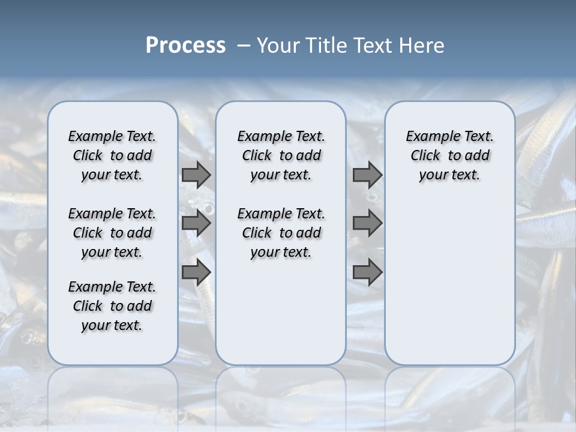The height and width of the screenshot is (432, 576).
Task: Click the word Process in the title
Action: coord(185,46)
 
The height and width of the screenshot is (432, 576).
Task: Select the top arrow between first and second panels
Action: coord(196,175)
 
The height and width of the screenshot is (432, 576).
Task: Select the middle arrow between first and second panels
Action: coord(196,223)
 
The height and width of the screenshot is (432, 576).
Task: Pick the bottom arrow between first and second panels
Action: coord(196,272)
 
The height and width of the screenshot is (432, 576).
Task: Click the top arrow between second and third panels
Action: coord(367,175)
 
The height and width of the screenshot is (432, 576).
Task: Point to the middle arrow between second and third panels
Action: coord(367,223)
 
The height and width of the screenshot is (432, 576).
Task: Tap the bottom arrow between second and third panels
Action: coord(367,272)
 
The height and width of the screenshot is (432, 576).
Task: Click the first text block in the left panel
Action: coord(112,155)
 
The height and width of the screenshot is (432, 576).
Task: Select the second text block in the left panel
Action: coord(112,233)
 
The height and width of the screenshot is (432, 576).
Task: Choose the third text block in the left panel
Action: coord(112,306)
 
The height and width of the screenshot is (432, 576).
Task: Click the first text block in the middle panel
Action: coord(281,155)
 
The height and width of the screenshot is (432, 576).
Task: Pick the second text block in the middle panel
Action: coord(281,233)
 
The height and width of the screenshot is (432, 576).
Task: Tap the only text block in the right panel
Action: coord(449,155)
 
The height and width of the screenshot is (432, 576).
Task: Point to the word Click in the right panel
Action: coord(425,156)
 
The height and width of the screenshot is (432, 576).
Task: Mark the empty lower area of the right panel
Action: coord(449,282)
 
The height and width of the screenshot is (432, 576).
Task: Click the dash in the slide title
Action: coord(244,46)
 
